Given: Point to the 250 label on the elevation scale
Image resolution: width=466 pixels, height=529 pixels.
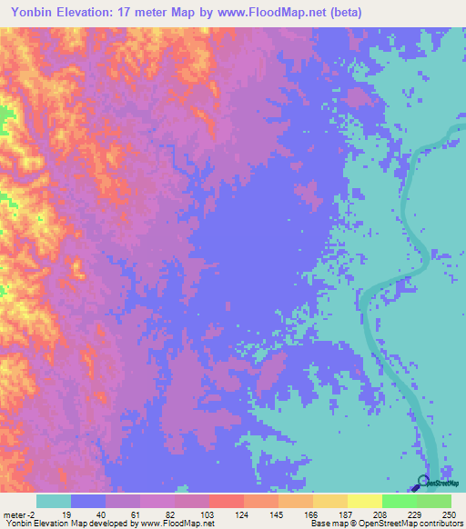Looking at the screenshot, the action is (446, 514).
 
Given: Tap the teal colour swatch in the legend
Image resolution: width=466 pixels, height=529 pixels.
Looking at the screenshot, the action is (54, 501).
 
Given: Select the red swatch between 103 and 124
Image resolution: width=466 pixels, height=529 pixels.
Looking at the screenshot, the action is (226, 501).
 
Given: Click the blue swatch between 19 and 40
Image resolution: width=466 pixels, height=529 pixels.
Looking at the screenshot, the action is (88, 501).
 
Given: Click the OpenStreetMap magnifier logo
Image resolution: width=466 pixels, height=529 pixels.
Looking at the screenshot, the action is (421, 482).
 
